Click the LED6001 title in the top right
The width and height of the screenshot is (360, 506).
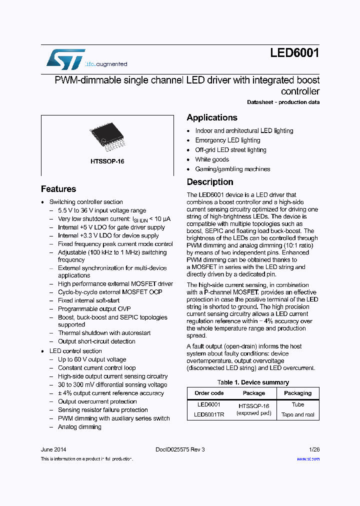[295, 53]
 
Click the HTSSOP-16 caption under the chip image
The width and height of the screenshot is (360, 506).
[107, 161]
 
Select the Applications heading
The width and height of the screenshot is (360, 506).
[212, 117]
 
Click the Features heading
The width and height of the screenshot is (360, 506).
[58, 189]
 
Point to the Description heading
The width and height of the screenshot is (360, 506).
[210, 182]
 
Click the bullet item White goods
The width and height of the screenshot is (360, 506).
[212, 159]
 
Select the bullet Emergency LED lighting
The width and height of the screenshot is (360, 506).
[227, 140]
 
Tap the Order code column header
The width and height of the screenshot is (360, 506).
[209, 393]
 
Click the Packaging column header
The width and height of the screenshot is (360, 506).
[297, 393]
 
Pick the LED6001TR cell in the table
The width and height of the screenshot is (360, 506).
[209, 414]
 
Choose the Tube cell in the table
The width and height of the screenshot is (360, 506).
[297, 404]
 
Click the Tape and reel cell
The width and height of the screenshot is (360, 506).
[297, 414]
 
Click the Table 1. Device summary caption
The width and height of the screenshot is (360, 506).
[253, 382]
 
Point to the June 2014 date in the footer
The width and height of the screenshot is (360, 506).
[53, 449]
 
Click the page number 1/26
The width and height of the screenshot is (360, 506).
[314, 449]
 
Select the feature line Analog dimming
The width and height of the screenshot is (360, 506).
[79, 427]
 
